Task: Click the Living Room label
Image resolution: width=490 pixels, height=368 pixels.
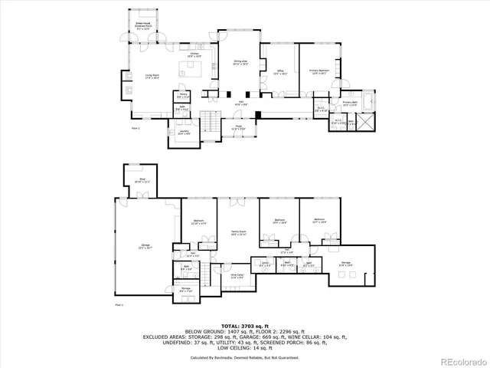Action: pos(152,76)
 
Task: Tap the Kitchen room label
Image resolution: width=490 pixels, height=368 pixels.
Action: pos(194,55)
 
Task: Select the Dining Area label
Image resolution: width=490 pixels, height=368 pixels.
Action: pos(240,64)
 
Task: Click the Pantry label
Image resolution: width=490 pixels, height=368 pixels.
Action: pos(184,97)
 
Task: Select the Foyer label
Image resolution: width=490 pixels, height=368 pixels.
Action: pos(240,127)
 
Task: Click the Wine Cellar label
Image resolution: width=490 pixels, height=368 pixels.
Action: pos(237,277)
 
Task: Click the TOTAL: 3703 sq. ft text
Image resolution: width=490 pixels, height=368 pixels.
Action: pos(245,326)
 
